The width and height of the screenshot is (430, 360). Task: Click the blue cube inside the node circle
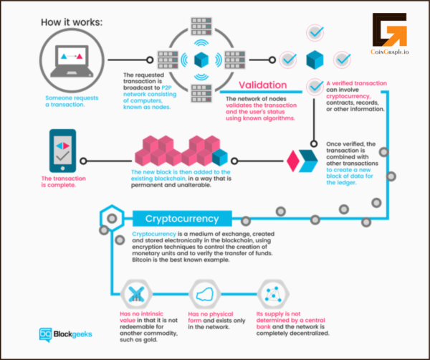pyautogui.click(x=201, y=59)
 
